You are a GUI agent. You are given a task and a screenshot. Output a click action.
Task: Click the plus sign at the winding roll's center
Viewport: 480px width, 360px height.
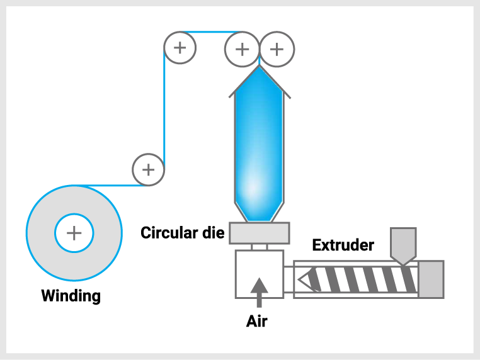74,233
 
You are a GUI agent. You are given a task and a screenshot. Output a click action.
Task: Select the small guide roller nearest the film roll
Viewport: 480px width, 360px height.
148,170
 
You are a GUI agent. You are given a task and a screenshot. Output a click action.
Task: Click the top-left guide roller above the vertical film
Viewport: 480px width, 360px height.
180,48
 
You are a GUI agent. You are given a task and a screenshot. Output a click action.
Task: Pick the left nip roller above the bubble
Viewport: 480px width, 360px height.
242,49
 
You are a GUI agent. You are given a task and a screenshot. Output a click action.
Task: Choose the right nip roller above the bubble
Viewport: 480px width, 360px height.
277,49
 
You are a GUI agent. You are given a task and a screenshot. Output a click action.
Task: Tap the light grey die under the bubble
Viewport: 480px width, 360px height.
259,233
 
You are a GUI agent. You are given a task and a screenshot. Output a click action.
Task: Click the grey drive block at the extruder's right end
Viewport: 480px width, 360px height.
431,279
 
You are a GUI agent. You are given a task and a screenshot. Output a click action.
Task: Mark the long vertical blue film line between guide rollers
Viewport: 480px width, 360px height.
164,107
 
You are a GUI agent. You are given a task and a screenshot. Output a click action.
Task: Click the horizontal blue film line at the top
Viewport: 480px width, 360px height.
208,32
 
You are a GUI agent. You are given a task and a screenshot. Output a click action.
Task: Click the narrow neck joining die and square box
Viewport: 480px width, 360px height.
260,247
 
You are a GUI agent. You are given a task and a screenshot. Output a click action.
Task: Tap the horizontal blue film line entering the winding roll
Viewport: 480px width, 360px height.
113,186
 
